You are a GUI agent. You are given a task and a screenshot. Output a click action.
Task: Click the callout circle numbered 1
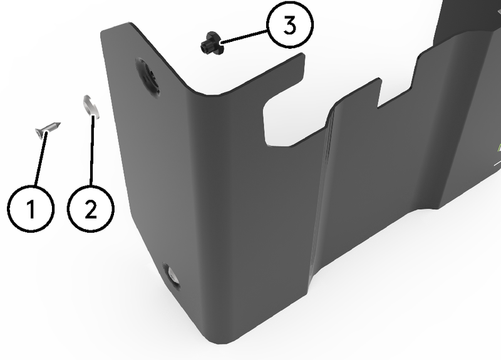coord(30,208)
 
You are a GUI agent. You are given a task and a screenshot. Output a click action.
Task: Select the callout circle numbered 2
coord(91,208)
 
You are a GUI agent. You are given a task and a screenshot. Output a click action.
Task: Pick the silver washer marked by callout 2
coord(91,106)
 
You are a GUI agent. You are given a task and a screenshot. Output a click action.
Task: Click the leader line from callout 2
coord(91,150)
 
